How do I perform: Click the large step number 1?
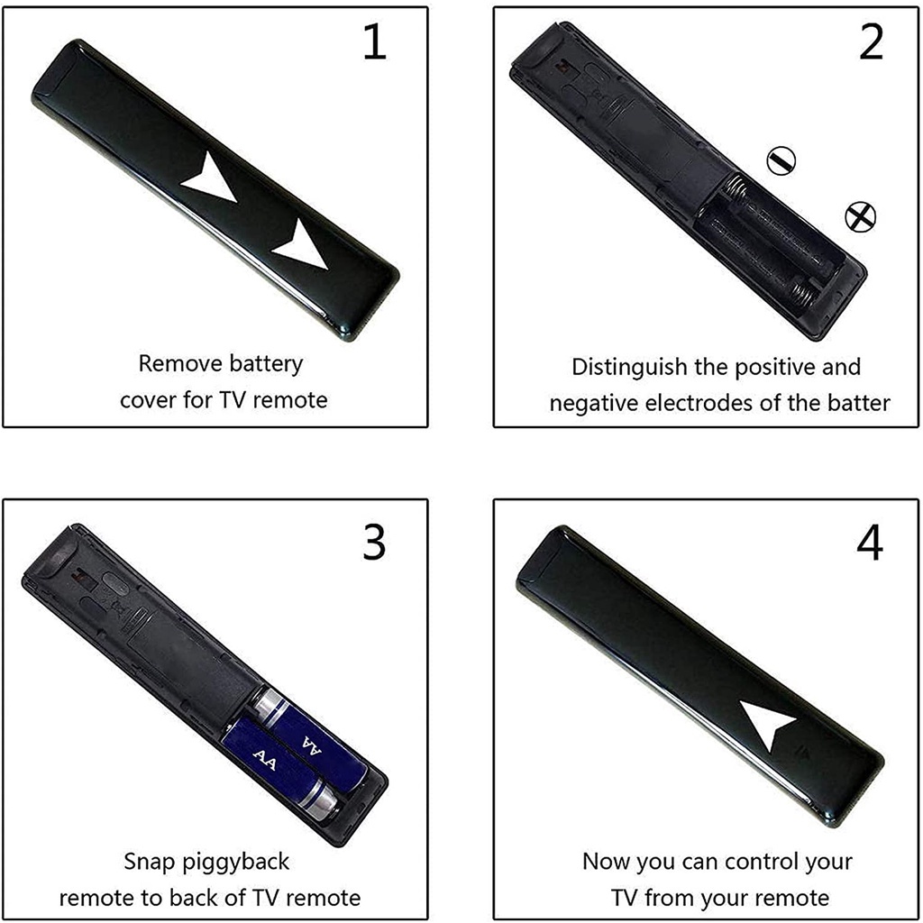point(375,42)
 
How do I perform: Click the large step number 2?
point(872,42)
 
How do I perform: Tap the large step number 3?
point(374,542)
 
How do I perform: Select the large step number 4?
point(870,542)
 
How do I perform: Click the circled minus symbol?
point(781,160)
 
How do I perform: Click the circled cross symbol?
point(861,216)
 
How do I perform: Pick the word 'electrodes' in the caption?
point(699,403)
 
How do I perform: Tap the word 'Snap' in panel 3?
point(149,863)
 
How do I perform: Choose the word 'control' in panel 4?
point(760,862)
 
